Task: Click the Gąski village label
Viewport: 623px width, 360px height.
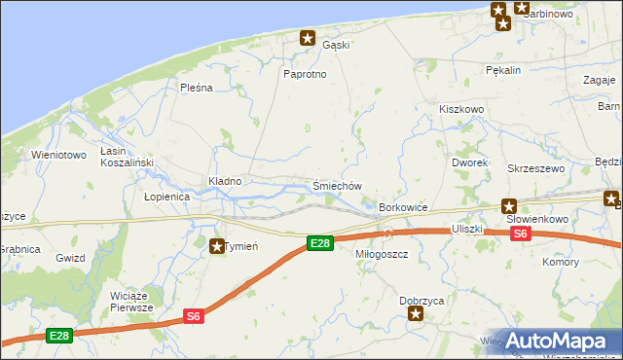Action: (336, 44)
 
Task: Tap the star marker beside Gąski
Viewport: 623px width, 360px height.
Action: (308, 39)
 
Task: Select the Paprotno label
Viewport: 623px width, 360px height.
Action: (304, 74)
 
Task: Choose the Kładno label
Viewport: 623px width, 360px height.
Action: (225, 181)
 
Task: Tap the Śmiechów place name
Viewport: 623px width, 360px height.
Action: (338, 186)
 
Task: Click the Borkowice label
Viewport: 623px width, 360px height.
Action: (404, 208)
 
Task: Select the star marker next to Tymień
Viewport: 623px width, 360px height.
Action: (216, 246)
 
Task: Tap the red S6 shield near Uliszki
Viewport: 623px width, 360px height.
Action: (520, 234)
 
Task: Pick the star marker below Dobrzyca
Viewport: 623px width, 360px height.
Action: (417, 314)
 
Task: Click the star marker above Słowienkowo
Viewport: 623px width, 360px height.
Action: (508, 205)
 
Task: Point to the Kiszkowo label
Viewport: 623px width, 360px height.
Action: (461, 110)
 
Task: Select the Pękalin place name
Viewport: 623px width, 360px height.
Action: (505, 70)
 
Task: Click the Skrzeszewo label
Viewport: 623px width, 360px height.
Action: (536, 168)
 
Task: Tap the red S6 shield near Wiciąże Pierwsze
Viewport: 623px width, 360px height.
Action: (194, 315)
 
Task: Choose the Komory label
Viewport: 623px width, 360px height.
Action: (561, 263)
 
